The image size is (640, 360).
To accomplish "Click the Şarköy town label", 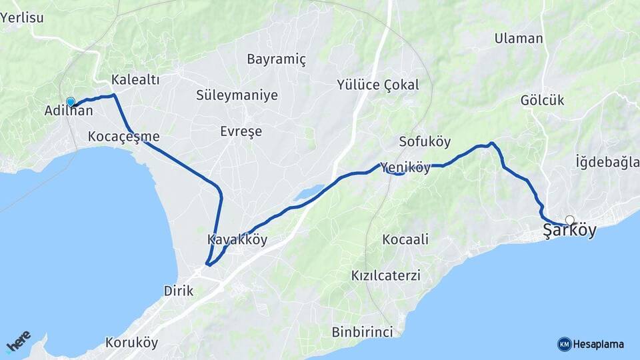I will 569,231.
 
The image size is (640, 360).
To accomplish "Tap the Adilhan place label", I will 68,111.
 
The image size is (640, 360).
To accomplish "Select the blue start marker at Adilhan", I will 71,102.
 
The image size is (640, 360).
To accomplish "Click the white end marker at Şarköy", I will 569,219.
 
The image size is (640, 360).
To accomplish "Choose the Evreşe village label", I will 241,131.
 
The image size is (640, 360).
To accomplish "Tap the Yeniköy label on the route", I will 406,168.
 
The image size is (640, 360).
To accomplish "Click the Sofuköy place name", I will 425,141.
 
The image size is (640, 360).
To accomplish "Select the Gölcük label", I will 542,101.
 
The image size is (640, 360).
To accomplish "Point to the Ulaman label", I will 519,39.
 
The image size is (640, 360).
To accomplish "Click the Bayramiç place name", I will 276,59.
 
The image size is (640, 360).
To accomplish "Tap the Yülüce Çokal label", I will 377,85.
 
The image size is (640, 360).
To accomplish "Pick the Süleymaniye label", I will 237,95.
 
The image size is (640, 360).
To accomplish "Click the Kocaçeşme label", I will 123,137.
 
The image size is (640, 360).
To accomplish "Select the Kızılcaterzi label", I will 386,275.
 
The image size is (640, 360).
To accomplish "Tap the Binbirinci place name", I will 362,331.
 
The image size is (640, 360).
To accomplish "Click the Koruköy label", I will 131,343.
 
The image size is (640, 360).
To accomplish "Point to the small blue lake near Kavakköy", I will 309,193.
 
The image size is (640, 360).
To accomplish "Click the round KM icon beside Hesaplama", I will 564,344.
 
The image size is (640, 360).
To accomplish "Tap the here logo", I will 18,341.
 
